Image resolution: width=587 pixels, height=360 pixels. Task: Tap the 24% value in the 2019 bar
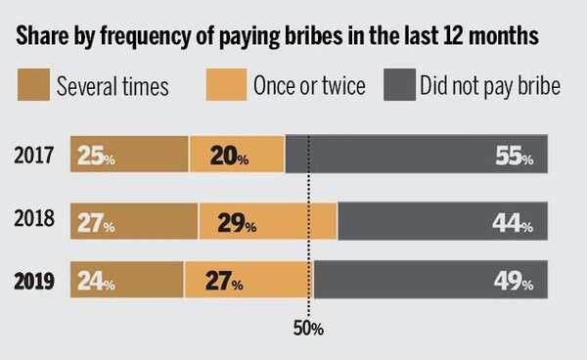pos(94,284)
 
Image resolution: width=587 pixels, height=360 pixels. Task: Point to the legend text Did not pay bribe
pos(489,86)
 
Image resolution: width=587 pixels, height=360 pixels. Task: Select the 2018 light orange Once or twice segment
pos(267,221)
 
